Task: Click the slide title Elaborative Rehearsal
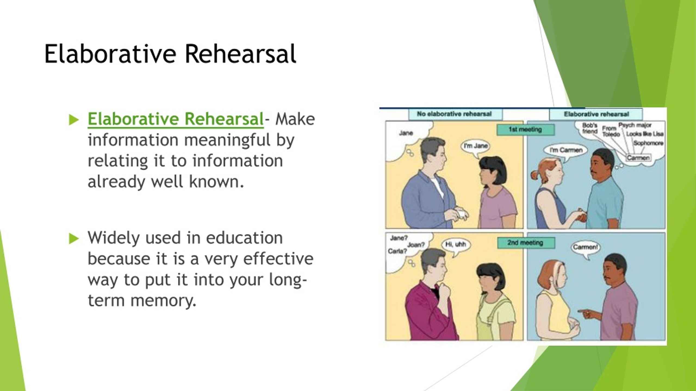click(x=170, y=54)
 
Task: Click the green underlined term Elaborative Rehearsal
click(x=176, y=119)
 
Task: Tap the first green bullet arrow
click(x=74, y=120)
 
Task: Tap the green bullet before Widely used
click(x=74, y=239)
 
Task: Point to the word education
click(x=244, y=238)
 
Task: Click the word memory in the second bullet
click(x=163, y=301)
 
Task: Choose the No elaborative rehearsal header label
click(x=455, y=114)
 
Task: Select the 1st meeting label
click(x=525, y=130)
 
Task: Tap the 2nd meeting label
click(x=526, y=243)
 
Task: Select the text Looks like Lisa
click(x=645, y=134)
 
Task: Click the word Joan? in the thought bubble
click(x=416, y=245)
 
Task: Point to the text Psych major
click(x=635, y=125)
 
